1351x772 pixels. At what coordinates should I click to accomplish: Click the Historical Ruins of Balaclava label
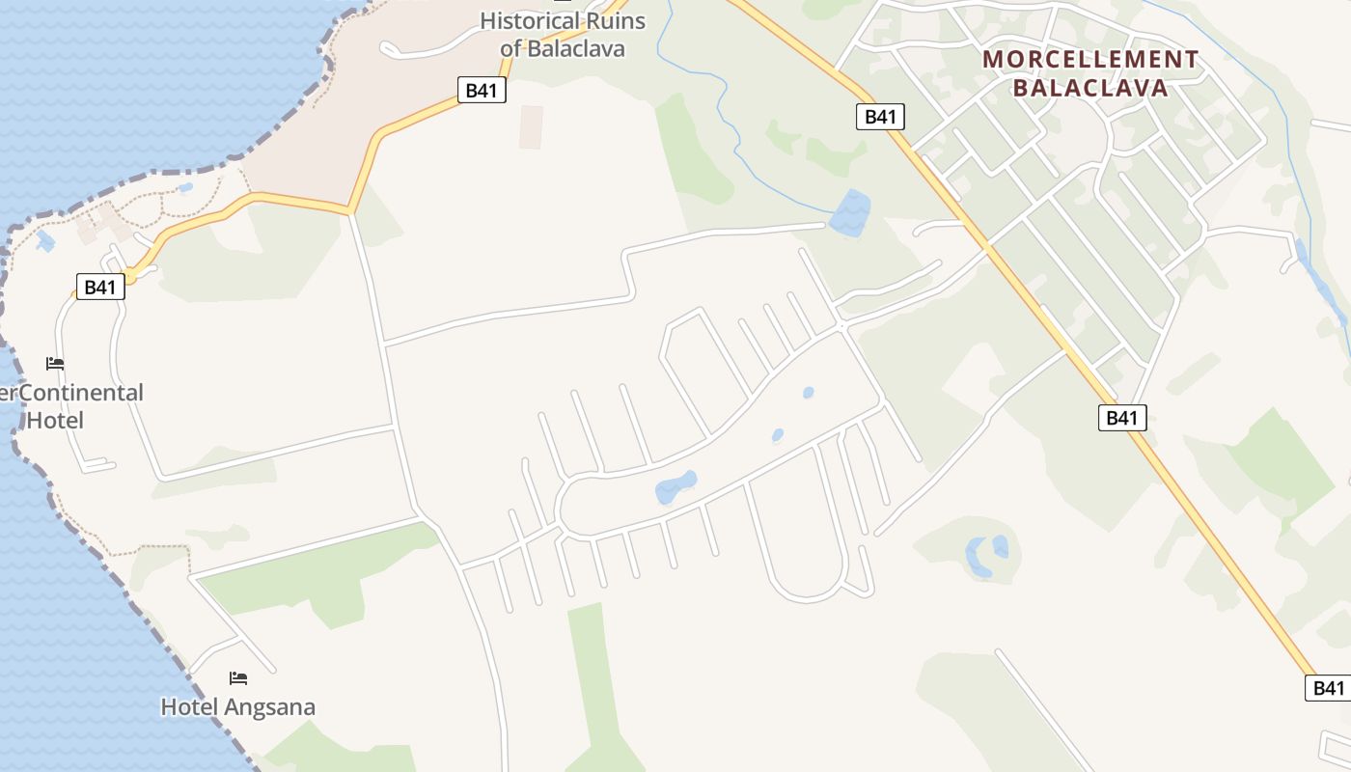(563, 34)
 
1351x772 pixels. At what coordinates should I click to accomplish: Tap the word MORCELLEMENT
(1090, 60)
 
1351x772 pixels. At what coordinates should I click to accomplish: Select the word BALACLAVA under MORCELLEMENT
(1090, 89)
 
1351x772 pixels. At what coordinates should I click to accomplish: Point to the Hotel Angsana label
(237, 707)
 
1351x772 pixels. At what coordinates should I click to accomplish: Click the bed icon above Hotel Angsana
(238, 678)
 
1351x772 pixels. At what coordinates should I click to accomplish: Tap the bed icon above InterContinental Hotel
(55, 364)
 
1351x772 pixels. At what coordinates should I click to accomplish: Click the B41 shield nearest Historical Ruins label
(481, 91)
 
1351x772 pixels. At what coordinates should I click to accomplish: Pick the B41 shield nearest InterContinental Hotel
(100, 287)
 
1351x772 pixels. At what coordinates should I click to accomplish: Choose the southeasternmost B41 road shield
(1329, 688)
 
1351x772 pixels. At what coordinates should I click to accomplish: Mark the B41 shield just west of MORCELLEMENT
(880, 117)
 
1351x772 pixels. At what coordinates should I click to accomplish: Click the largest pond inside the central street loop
(675, 486)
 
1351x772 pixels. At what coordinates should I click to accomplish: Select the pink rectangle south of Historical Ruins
(531, 127)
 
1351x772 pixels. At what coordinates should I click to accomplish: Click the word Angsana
(269, 707)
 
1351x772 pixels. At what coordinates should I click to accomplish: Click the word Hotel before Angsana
(189, 707)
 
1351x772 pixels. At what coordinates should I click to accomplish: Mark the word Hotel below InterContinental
(55, 421)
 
